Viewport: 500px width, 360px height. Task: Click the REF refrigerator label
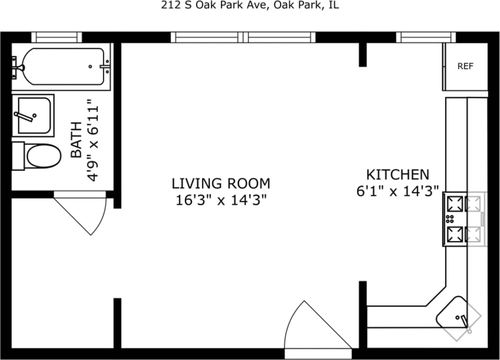(465, 66)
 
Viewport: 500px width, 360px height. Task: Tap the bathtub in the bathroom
(63, 67)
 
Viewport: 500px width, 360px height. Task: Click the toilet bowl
(43, 156)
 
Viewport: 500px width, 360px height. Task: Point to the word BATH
(76, 140)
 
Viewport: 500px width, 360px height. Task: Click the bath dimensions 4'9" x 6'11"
(94, 140)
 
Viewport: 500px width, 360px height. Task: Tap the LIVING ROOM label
(221, 184)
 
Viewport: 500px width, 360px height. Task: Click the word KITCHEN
(397, 175)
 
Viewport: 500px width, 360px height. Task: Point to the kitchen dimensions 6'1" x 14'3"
(397, 191)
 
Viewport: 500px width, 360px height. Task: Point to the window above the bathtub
(57, 37)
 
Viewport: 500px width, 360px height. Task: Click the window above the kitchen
(426, 37)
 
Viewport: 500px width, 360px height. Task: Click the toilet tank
(18, 156)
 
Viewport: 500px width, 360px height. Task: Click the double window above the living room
(243, 37)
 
